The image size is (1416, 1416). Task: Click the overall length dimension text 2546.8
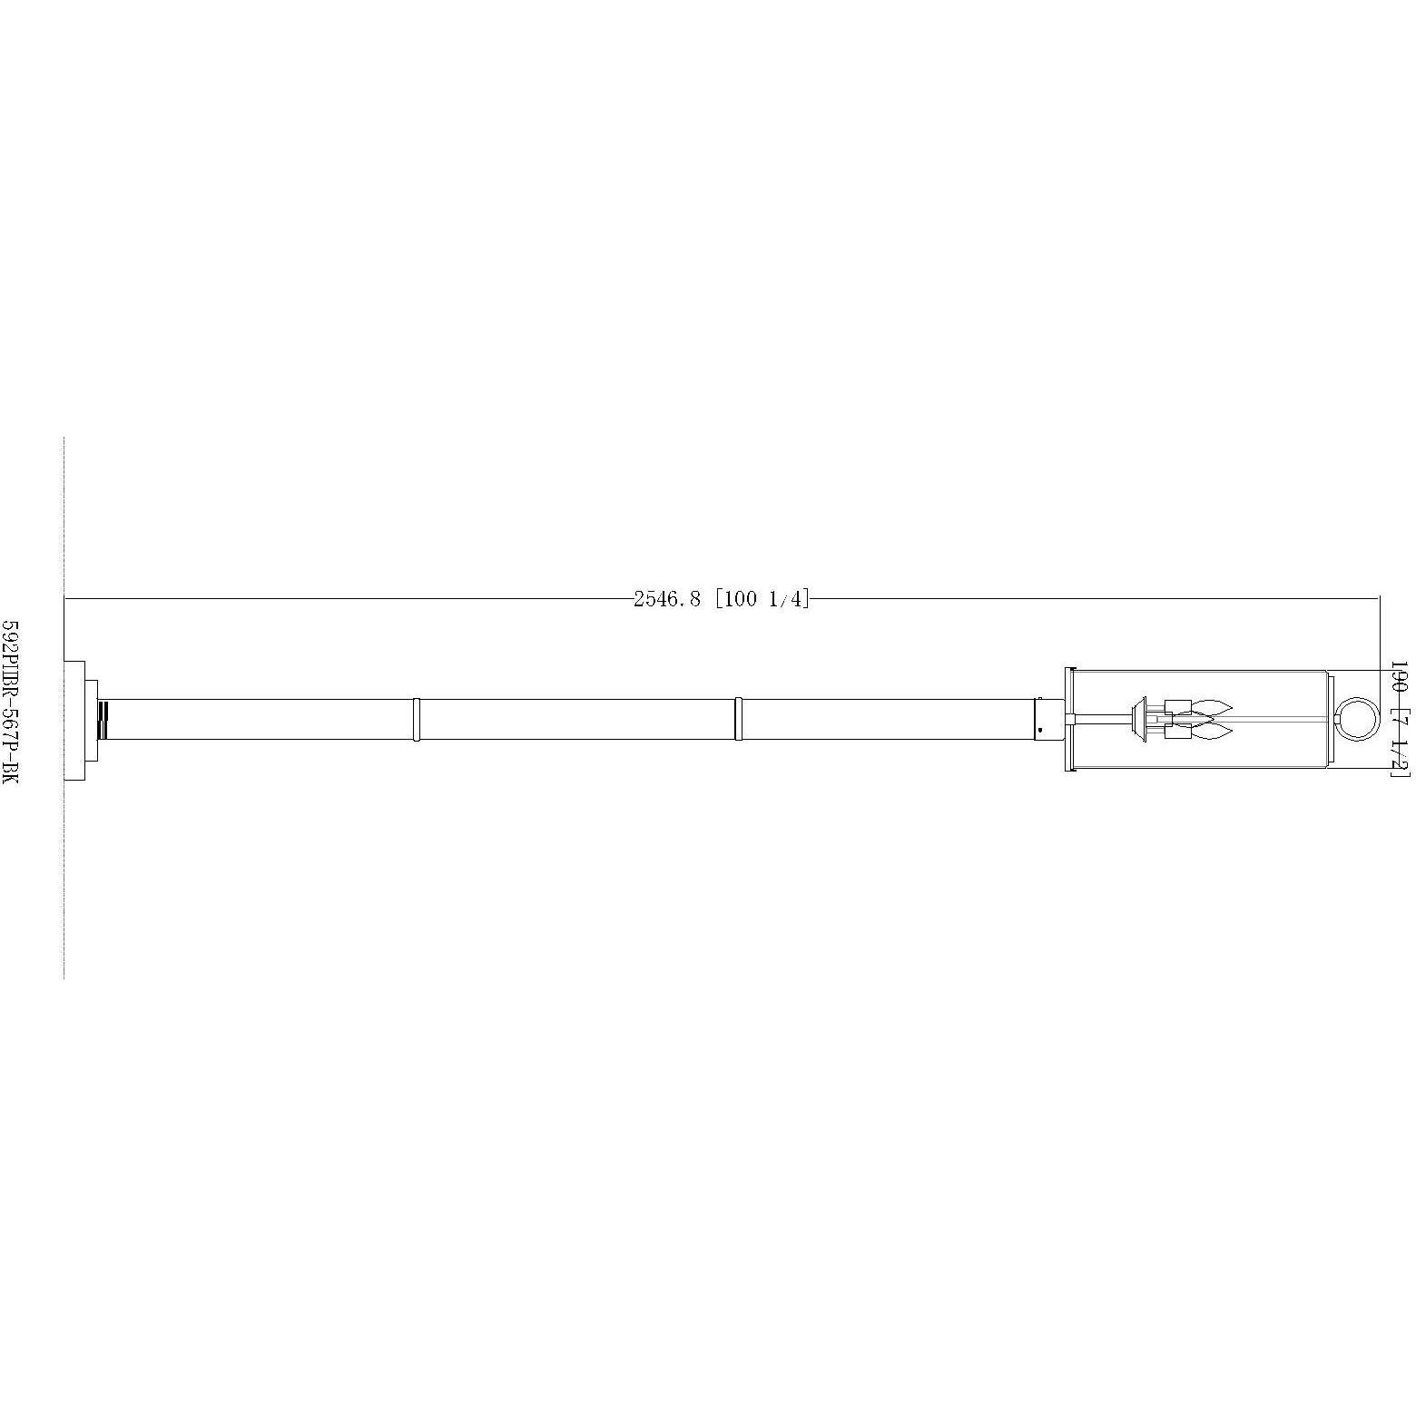(x=667, y=599)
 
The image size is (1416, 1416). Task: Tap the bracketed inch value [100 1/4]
(x=762, y=599)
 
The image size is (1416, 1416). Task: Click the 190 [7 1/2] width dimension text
(x=1399, y=718)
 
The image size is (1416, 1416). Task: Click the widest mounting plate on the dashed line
(x=74, y=720)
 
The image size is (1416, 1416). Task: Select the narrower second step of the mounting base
(x=92, y=720)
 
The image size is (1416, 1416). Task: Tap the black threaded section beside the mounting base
(x=103, y=720)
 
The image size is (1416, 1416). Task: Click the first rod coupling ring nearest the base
(x=416, y=720)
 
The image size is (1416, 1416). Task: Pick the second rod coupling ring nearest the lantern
(x=738, y=720)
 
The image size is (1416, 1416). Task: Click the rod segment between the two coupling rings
(x=576, y=720)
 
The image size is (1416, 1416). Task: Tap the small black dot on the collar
(x=1040, y=731)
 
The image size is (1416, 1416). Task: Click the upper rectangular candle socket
(x=1177, y=707)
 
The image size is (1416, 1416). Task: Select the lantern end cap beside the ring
(x=1329, y=720)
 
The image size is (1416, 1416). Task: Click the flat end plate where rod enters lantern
(x=1068, y=720)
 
